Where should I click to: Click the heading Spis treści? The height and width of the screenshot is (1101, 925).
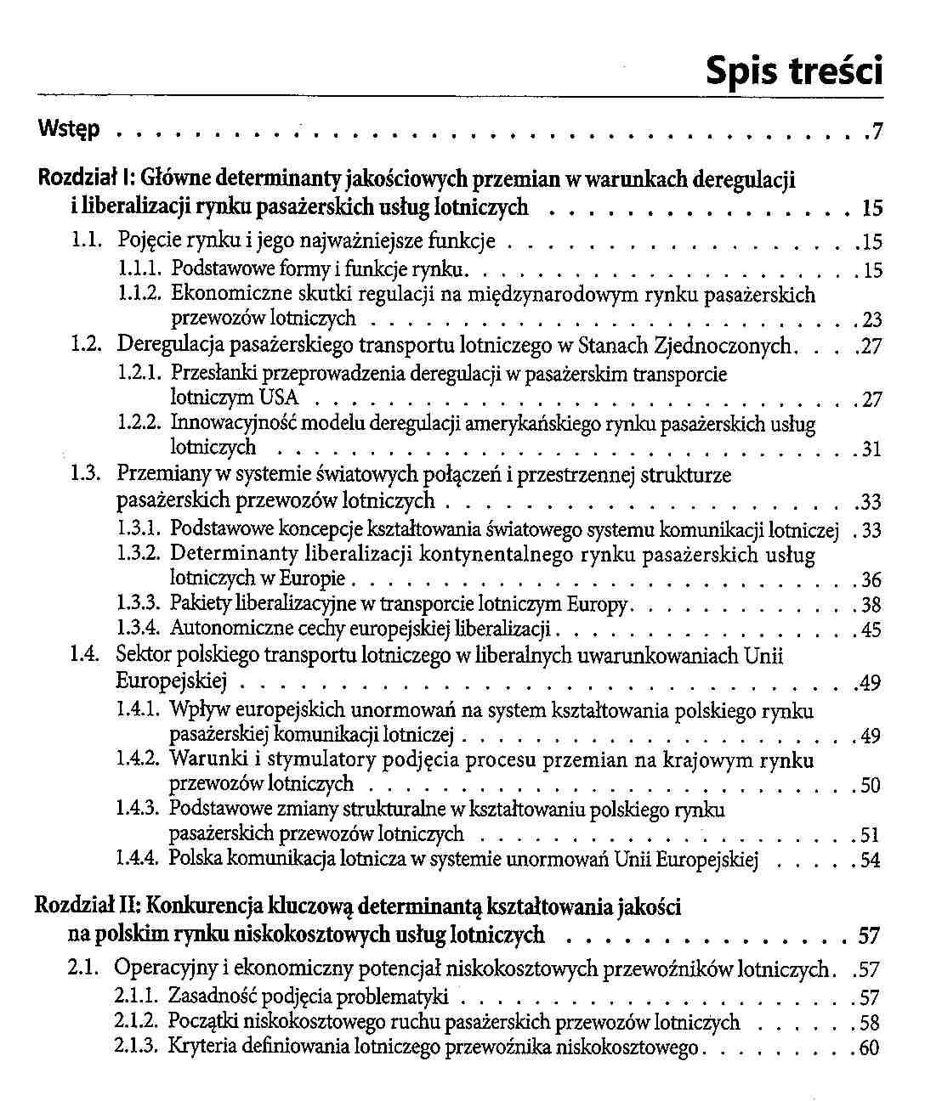(x=794, y=71)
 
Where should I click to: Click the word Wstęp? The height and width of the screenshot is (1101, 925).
(x=70, y=130)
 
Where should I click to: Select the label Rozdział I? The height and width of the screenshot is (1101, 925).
(x=88, y=179)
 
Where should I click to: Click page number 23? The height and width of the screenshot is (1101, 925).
(x=871, y=320)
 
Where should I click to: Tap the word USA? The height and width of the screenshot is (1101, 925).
(x=280, y=398)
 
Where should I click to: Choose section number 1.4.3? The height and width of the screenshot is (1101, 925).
(x=138, y=808)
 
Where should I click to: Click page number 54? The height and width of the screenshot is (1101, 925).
(x=870, y=860)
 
